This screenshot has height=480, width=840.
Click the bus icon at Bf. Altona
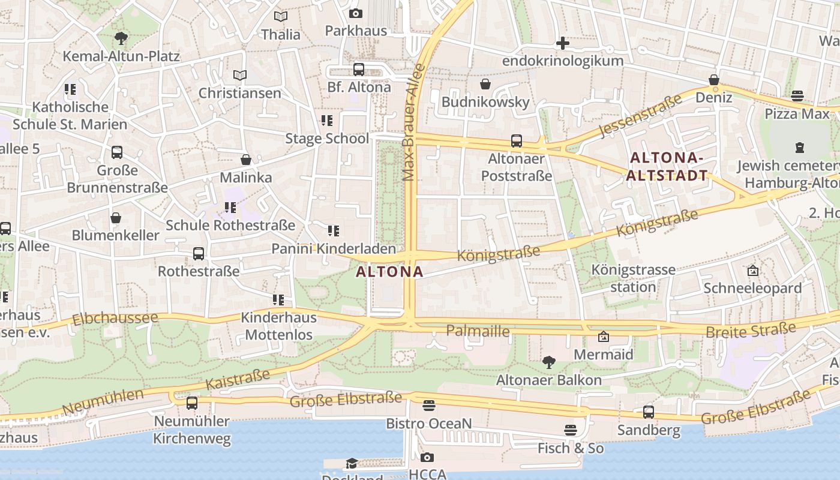click(358, 70)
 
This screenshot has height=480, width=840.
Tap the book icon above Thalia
click(280, 17)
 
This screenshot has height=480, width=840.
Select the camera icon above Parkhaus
click(356, 13)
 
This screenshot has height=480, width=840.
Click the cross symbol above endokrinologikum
click(562, 43)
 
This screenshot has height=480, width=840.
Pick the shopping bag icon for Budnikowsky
click(485, 85)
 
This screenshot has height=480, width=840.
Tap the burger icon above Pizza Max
click(797, 96)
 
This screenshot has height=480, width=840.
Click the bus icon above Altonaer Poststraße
click(517, 141)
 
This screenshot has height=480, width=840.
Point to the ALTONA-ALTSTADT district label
click(667, 167)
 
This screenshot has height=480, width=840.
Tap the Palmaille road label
click(478, 331)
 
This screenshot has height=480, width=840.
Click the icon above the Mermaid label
click(604, 337)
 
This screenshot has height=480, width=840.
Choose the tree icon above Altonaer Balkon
click(548, 362)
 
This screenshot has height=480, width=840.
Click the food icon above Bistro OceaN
click(428, 406)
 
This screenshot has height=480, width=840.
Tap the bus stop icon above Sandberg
click(649, 412)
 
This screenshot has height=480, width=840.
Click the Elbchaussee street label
click(115, 319)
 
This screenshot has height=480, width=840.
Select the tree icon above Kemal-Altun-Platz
click(121, 39)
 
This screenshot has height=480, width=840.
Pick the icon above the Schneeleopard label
click(752, 271)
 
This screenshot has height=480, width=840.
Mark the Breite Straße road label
click(751, 330)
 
